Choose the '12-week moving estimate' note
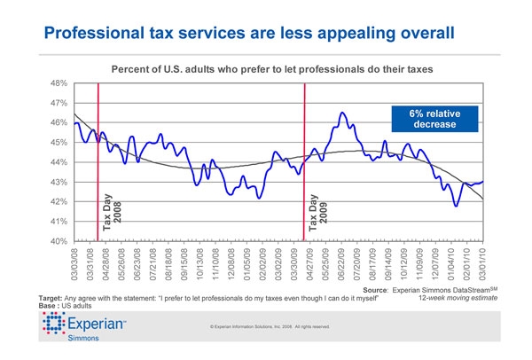(x=450, y=298)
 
